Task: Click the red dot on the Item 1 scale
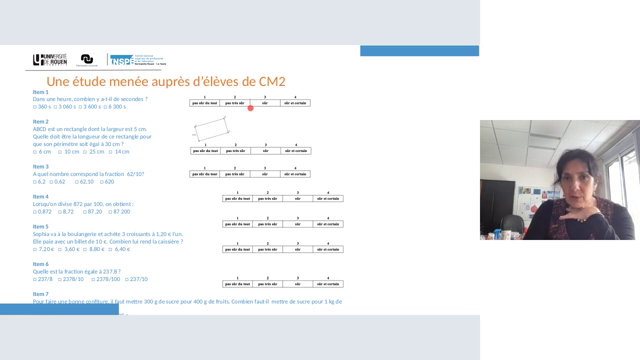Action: (x=249, y=107)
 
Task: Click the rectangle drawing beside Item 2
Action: (x=210, y=130)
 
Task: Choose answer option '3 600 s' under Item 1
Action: (x=94, y=107)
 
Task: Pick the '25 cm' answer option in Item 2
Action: (x=94, y=152)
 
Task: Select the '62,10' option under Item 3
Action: (x=84, y=182)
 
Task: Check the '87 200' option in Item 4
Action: (x=120, y=212)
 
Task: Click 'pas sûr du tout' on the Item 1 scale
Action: (x=204, y=103)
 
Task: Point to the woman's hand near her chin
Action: (x=571, y=213)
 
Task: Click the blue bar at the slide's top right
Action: (x=405, y=51)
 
